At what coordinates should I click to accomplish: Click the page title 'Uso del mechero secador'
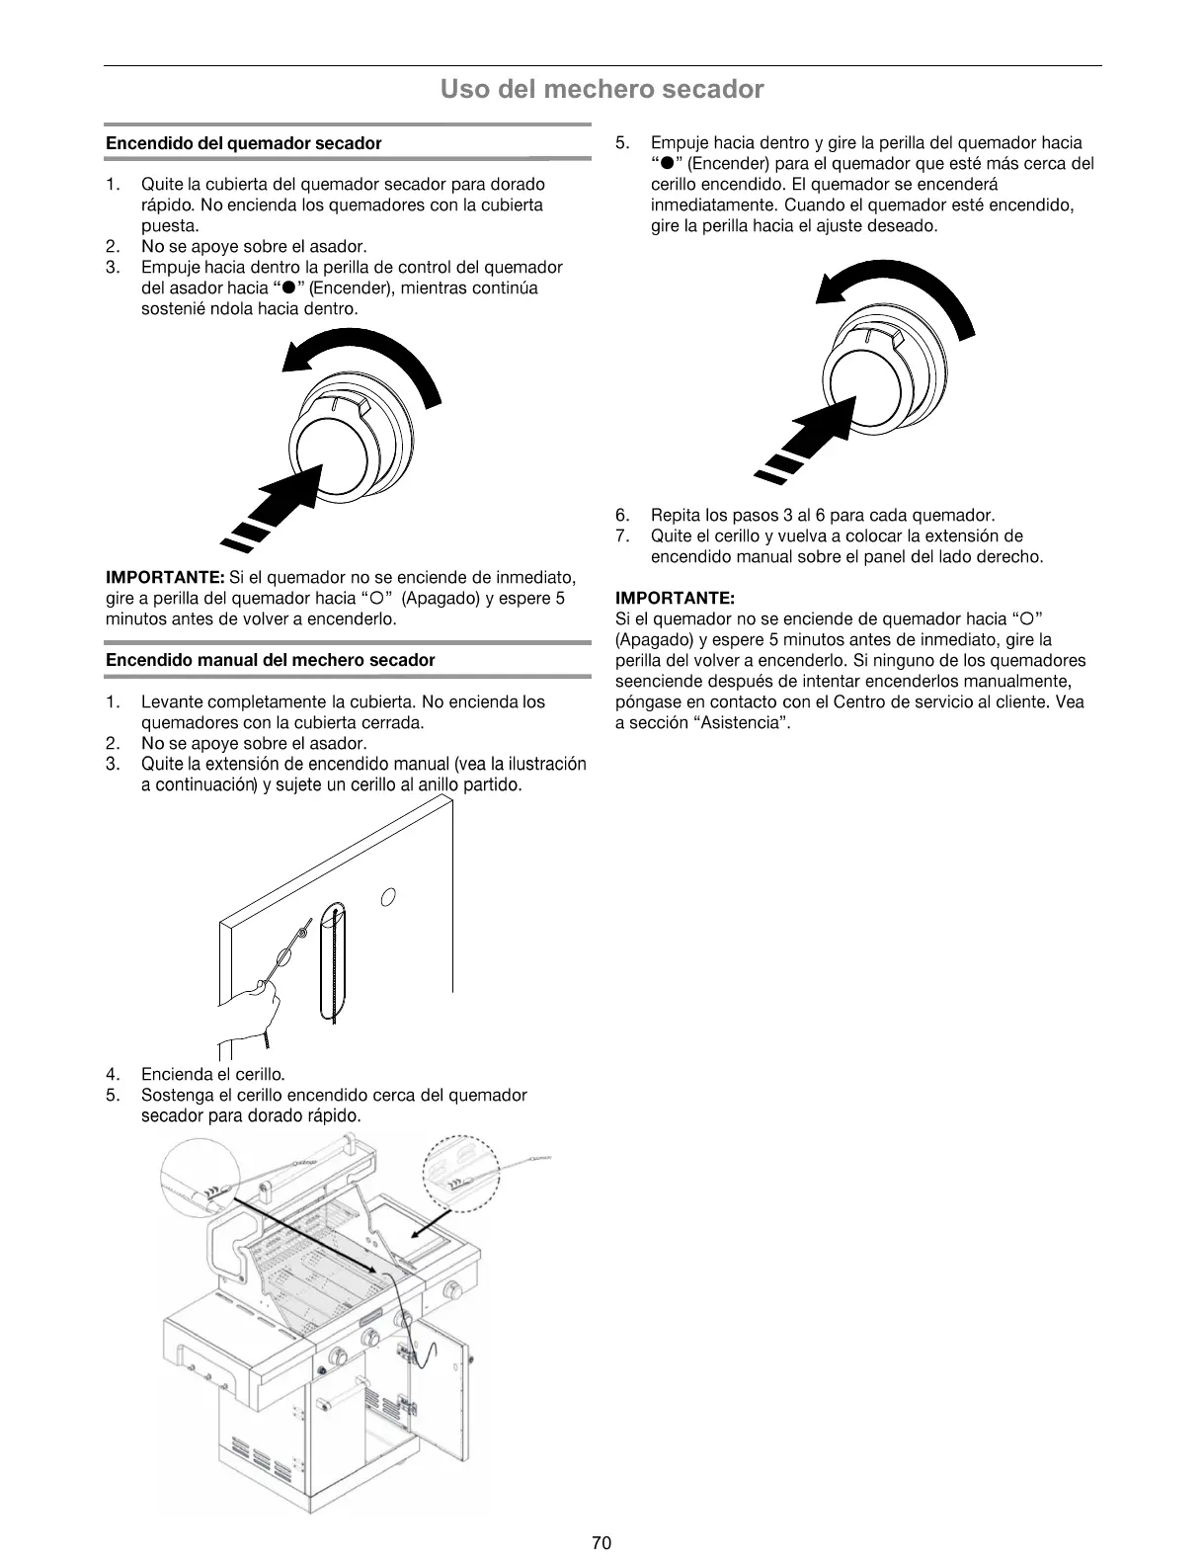tap(602, 90)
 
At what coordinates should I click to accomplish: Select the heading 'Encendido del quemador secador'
tap(243, 143)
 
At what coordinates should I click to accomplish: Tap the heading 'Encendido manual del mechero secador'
tap(270, 660)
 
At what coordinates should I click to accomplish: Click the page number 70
tap(602, 1542)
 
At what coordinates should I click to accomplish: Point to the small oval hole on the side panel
tap(388, 897)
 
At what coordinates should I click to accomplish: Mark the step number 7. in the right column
tap(622, 536)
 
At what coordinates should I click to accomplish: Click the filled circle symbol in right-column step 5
tap(668, 164)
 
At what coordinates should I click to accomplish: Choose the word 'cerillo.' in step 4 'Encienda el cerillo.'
tap(256, 1074)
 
